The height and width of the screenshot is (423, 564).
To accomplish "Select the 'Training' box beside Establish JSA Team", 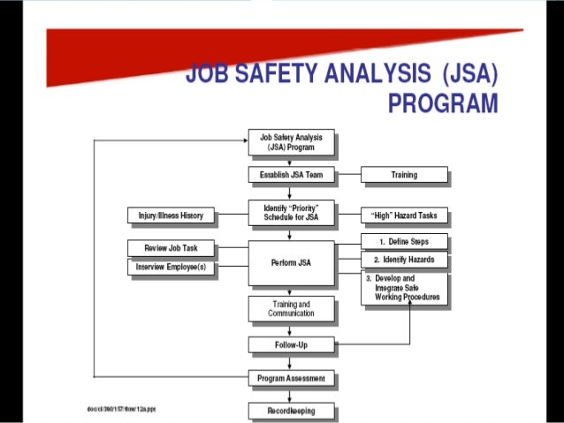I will [404, 175].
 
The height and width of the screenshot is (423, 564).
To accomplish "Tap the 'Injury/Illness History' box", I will [171, 215].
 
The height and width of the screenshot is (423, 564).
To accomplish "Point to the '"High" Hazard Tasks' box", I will [404, 215].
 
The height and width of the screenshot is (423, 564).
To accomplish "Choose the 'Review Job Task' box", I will [171, 248].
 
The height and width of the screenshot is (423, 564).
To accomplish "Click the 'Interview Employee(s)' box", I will [171, 267].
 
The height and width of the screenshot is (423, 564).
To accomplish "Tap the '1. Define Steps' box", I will [404, 242].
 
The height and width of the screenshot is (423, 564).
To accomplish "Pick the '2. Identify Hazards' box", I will [404, 261].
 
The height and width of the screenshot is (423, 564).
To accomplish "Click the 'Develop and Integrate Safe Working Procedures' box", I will [405, 288].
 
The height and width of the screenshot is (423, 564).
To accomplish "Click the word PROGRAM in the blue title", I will [443, 103].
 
